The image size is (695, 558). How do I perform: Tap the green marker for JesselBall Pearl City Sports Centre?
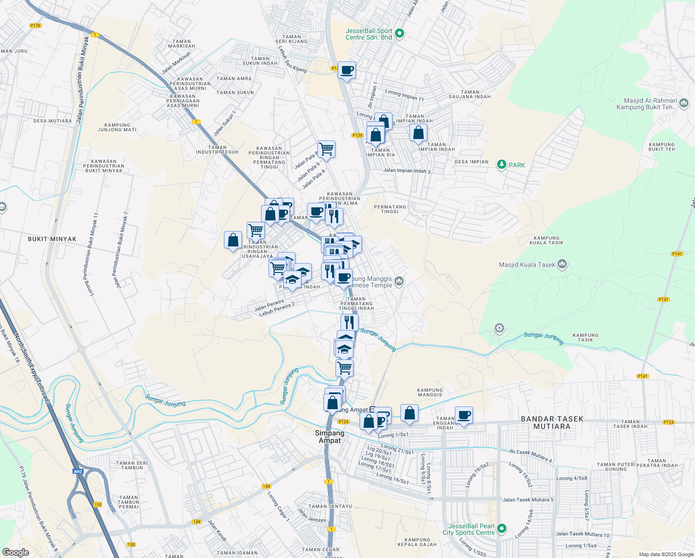pos(501,529)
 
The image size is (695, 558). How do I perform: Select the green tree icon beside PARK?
pos(501,165)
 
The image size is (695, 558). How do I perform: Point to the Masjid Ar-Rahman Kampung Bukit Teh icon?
pos(683,103)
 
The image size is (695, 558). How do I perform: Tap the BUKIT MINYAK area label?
pos(52,239)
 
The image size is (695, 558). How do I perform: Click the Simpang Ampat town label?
pos(330,437)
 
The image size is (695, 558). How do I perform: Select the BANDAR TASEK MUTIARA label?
pos(552,422)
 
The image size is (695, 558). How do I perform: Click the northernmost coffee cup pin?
pos(347,71)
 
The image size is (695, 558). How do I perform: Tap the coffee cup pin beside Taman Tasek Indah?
pos(464,415)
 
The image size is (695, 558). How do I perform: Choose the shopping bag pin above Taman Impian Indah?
pos(418,133)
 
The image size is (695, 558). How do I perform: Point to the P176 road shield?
pos(35,26)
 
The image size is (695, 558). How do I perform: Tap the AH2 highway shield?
pos(78,472)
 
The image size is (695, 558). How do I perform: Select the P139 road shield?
pos(357,135)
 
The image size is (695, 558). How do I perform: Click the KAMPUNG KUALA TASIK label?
pos(546,240)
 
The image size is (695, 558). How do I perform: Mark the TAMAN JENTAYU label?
pos(330,506)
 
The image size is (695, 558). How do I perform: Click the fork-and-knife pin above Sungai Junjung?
pos(349,322)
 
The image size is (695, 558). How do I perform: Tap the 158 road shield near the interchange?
pos(98,505)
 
